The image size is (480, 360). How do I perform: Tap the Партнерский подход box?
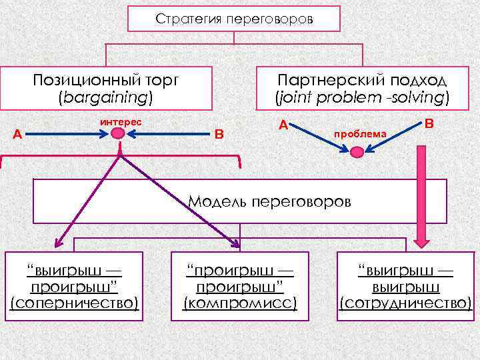363,88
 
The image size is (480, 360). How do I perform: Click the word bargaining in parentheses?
106,97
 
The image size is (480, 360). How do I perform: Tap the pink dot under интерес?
118,134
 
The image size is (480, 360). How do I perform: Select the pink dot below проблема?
357,153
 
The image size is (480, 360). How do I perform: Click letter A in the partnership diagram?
283,124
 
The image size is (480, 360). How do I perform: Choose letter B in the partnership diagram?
429,124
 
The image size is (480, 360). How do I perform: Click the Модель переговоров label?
269,201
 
